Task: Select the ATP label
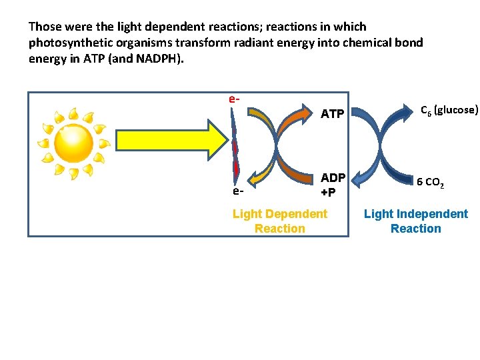332,115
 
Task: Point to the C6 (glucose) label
448,109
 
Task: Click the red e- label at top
233,99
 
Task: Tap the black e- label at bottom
238,191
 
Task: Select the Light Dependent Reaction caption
280,221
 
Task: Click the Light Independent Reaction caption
416,221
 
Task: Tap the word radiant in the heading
249,43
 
